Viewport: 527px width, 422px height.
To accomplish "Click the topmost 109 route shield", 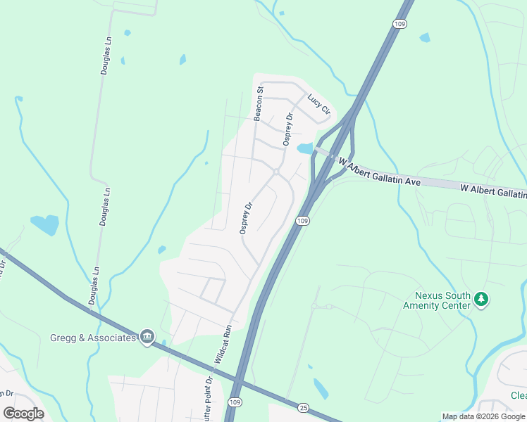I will point(400,24).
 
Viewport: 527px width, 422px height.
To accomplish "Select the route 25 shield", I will point(303,407).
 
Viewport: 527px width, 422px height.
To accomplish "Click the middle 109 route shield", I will point(302,221).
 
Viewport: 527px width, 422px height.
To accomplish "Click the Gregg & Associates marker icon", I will point(147,338).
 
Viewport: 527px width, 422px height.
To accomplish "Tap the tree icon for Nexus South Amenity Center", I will point(482,300).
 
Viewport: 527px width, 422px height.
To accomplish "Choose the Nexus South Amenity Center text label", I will point(437,300).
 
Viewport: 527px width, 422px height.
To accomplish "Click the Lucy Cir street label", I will point(319,104).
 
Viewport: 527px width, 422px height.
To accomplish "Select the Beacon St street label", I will point(259,103).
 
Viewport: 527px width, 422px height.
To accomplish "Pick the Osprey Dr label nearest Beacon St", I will point(287,129).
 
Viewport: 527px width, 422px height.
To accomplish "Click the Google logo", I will point(23,413).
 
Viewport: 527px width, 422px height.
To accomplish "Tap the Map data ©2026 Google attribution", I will point(483,416).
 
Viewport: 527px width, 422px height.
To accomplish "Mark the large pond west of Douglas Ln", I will point(46,224).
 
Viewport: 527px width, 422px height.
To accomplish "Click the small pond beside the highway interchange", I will point(304,148).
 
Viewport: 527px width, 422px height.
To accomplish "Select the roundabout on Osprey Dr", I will point(276,172).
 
